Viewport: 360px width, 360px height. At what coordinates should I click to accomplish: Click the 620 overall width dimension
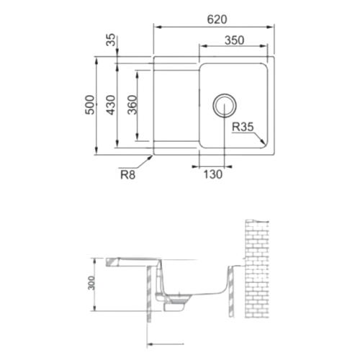[217, 19]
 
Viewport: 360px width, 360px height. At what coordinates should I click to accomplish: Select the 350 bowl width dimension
[235, 40]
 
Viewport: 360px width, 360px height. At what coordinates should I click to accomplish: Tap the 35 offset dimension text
[111, 40]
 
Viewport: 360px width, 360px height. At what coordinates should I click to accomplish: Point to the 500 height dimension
[90, 105]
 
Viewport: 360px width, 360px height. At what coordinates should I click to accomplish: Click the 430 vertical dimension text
[111, 105]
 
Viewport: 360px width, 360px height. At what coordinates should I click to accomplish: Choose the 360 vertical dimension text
[132, 105]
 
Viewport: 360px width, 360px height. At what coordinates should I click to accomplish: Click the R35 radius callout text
[243, 127]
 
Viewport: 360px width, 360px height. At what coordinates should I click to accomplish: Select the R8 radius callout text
[127, 175]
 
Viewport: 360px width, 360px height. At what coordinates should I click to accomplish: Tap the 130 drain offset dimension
[213, 174]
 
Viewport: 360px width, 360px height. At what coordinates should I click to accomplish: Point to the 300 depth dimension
[91, 283]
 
